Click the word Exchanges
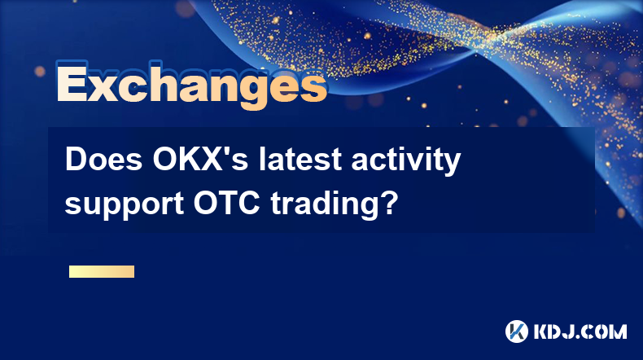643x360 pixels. pos(191,86)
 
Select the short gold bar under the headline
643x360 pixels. pos(102,271)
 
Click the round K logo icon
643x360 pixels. pos(517,331)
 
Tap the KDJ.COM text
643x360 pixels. pos(580,331)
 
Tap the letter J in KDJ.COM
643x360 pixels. pos(573,331)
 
